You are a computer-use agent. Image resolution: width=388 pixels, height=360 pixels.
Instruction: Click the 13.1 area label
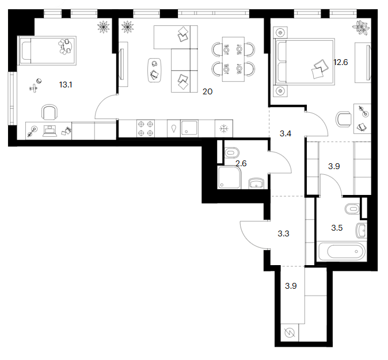click(66, 85)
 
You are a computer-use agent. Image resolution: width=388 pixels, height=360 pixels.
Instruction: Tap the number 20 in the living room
click(207, 92)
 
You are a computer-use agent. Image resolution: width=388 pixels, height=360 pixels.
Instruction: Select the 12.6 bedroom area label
click(340, 62)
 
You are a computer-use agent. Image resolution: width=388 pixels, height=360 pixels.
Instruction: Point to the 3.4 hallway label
click(286, 134)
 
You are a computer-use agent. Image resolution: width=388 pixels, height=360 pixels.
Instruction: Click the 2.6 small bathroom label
click(241, 163)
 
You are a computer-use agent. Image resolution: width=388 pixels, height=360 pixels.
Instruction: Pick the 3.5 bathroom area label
click(337, 228)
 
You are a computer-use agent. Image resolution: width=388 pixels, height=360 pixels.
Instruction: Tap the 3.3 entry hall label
click(283, 233)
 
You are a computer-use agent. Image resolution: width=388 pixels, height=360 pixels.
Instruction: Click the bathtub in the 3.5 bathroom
click(341, 251)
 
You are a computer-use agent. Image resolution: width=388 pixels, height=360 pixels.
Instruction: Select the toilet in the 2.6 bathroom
click(232, 153)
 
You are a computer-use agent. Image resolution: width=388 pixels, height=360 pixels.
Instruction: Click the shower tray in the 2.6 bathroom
click(229, 177)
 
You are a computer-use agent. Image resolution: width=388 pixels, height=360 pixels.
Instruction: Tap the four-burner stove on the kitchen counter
click(146, 128)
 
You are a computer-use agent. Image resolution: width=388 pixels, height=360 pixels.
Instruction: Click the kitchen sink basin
click(189, 128)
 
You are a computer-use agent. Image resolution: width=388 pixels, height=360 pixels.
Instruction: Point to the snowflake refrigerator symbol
click(224, 129)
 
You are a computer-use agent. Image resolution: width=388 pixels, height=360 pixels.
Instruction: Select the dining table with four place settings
click(233, 59)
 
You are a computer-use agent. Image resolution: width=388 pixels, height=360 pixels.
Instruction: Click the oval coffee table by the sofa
click(155, 70)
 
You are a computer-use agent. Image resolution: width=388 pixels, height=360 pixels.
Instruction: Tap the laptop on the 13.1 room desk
click(50, 131)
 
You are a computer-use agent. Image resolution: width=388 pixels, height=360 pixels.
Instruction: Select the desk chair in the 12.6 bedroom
click(344, 119)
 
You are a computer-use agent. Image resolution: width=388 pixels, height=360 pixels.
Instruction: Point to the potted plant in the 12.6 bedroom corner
click(362, 27)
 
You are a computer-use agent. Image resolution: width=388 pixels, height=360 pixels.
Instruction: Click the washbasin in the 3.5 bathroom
click(361, 231)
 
